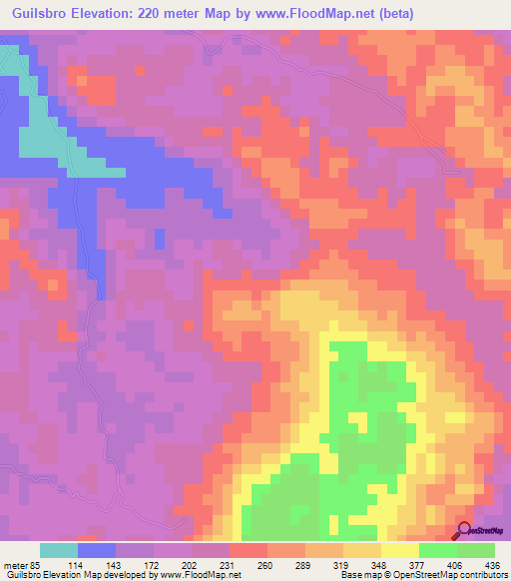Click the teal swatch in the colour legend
59,550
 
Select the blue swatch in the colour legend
97,550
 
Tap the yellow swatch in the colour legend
400,550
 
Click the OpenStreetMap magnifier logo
464,531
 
